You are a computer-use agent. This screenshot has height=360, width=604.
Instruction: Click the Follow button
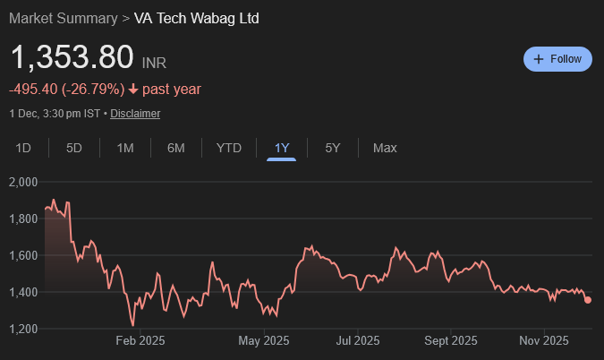(557, 59)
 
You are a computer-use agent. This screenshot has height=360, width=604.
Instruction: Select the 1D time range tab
(24, 148)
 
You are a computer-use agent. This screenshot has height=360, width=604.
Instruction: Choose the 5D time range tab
(74, 148)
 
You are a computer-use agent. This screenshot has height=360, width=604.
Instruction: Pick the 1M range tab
(125, 148)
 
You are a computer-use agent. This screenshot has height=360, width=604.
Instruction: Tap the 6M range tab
(175, 148)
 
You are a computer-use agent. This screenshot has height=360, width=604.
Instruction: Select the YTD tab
(229, 148)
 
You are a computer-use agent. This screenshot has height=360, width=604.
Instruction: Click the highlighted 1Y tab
(282, 148)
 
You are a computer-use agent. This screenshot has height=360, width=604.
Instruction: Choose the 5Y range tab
(333, 148)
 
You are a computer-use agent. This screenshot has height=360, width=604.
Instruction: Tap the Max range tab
(385, 148)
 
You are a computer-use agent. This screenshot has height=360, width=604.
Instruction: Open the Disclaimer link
(135, 114)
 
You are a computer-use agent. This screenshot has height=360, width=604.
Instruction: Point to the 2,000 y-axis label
(22, 182)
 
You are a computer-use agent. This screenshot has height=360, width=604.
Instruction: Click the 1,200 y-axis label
(22, 329)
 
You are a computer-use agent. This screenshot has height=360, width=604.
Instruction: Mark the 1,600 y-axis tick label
(22, 255)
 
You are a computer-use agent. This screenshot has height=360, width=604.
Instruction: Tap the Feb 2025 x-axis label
(141, 340)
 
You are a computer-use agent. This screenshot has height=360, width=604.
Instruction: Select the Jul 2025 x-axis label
(356, 340)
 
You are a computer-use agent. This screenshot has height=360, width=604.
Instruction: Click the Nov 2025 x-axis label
(544, 340)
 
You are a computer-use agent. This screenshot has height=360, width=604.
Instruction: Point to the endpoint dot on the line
(588, 300)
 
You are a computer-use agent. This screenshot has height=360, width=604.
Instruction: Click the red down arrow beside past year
(133, 89)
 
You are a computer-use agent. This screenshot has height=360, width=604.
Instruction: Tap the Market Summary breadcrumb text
(63, 18)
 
